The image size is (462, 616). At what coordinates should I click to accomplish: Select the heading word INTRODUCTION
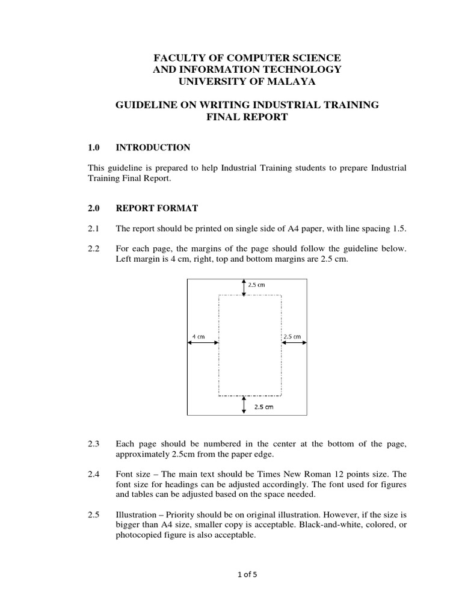[x=153, y=147]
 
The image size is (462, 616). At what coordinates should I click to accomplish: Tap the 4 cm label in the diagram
[x=198, y=336]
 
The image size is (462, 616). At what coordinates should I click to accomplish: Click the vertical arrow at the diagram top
[x=244, y=287]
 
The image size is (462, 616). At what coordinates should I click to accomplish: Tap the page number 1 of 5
[x=247, y=574]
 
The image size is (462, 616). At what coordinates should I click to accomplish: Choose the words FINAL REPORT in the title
[x=247, y=117]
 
